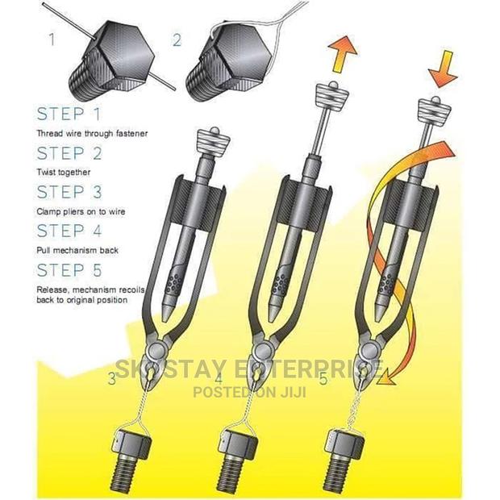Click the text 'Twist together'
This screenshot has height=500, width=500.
pyautogui.click(x=63, y=172)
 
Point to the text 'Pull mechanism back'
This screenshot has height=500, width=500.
pyautogui.click(x=77, y=251)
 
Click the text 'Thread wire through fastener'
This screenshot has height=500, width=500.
pyautogui.click(x=92, y=133)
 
